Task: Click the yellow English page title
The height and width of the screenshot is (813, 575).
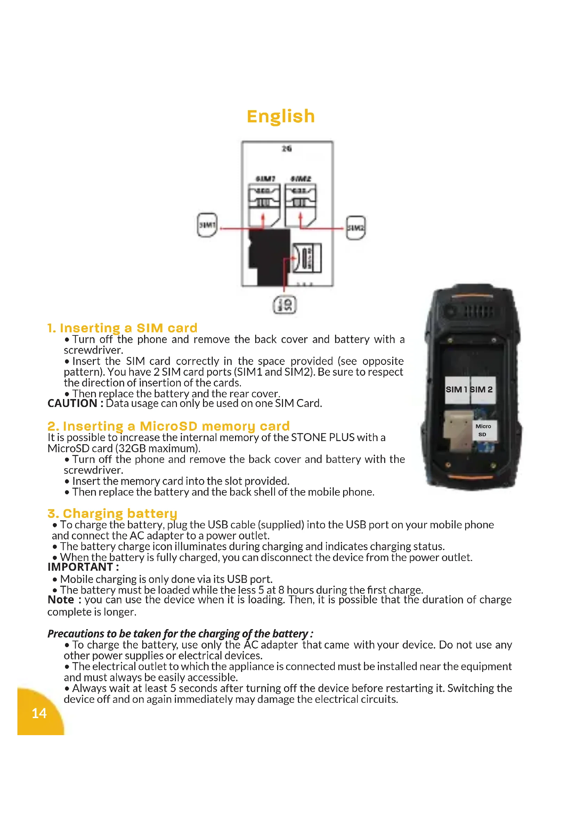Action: coord(281,116)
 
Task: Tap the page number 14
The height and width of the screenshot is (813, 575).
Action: coord(39,713)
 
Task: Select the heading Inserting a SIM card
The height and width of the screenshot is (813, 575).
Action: coord(122,328)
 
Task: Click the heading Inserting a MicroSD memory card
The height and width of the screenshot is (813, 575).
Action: coord(169,426)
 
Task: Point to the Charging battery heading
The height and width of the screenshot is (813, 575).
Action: coord(112,513)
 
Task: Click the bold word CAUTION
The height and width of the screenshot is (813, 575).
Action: coord(72,403)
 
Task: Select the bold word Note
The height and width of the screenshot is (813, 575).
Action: coord(61,600)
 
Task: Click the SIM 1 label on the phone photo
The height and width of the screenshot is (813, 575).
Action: coord(457,390)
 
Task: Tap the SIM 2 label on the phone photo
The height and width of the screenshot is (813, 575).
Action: coord(482,390)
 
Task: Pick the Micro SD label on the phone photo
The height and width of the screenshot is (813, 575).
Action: coord(484,430)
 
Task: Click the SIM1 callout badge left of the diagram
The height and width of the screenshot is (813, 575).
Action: coord(207,225)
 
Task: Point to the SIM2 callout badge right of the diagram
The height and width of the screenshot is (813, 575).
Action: coord(356,228)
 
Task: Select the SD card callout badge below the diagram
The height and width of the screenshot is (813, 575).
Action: coord(284,305)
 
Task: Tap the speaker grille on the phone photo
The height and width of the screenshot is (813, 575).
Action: coord(479,311)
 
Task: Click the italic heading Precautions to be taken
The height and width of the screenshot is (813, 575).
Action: coord(180,634)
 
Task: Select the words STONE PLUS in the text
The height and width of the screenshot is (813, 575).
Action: coord(323,438)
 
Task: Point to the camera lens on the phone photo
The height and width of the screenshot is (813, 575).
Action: coord(451,311)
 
